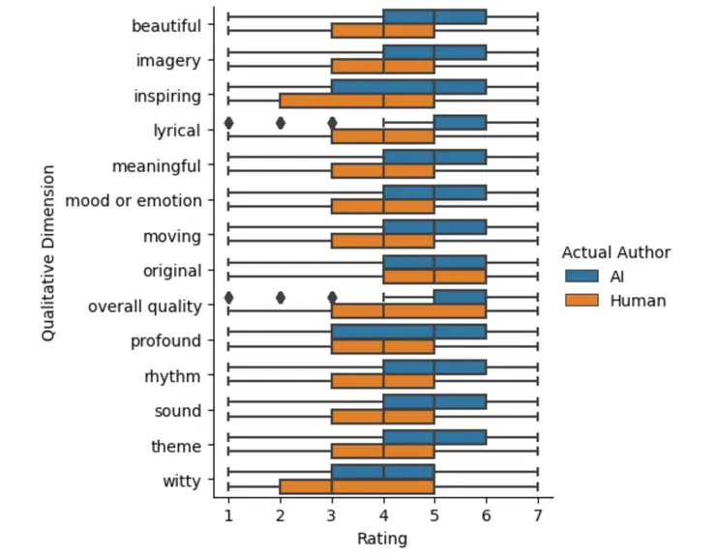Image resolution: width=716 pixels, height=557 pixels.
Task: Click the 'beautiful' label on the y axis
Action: tap(166, 25)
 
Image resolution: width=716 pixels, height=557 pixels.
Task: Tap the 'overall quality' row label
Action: tap(144, 306)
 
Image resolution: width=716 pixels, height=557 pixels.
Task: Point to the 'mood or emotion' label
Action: tap(134, 201)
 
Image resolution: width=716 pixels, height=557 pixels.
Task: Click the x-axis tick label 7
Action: tap(537, 518)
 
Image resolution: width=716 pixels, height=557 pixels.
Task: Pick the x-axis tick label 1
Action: tap(228, 518)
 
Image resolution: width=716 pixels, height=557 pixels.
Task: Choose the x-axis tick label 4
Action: tap(383, 518)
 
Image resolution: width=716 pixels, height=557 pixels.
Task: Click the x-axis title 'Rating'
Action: tap(382, 539)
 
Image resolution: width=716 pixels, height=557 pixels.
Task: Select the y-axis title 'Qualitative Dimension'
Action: tap(47, 253)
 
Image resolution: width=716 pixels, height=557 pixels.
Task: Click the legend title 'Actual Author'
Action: tap(615, 252)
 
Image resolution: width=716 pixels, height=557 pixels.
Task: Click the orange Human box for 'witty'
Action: tap(357, 487)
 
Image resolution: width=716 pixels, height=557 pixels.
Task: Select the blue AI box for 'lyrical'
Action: tap(460, 123)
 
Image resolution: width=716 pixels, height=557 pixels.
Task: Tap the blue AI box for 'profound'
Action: tap(408, 333)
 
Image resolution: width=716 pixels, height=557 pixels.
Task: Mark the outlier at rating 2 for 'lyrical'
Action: tap(281, 123)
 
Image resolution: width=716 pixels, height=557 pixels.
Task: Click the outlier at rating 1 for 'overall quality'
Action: tap(228, 298)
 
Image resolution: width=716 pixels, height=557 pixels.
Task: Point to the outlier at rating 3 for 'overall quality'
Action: tap(332, 298)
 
